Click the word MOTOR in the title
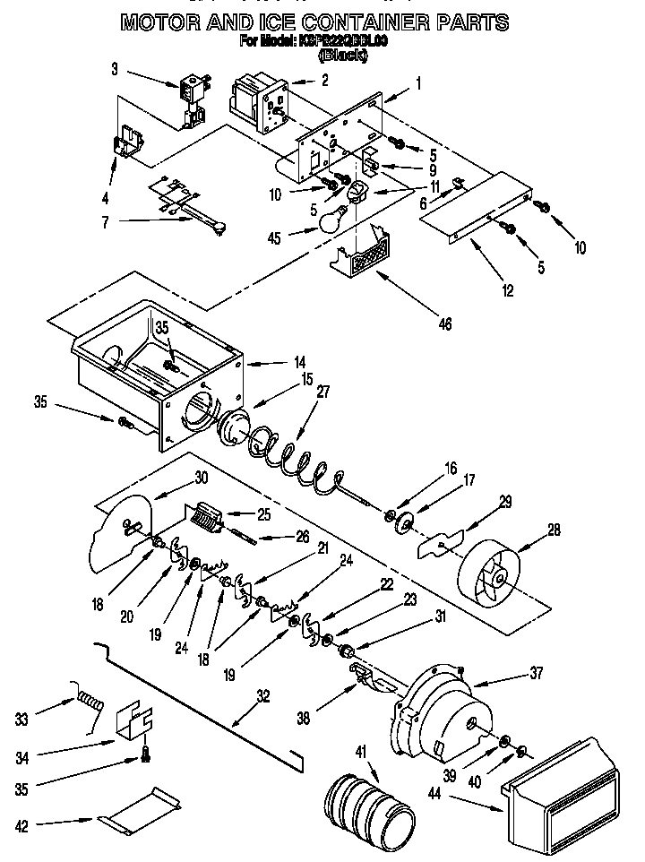pos(165,22)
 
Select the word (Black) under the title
pos(342,56)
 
